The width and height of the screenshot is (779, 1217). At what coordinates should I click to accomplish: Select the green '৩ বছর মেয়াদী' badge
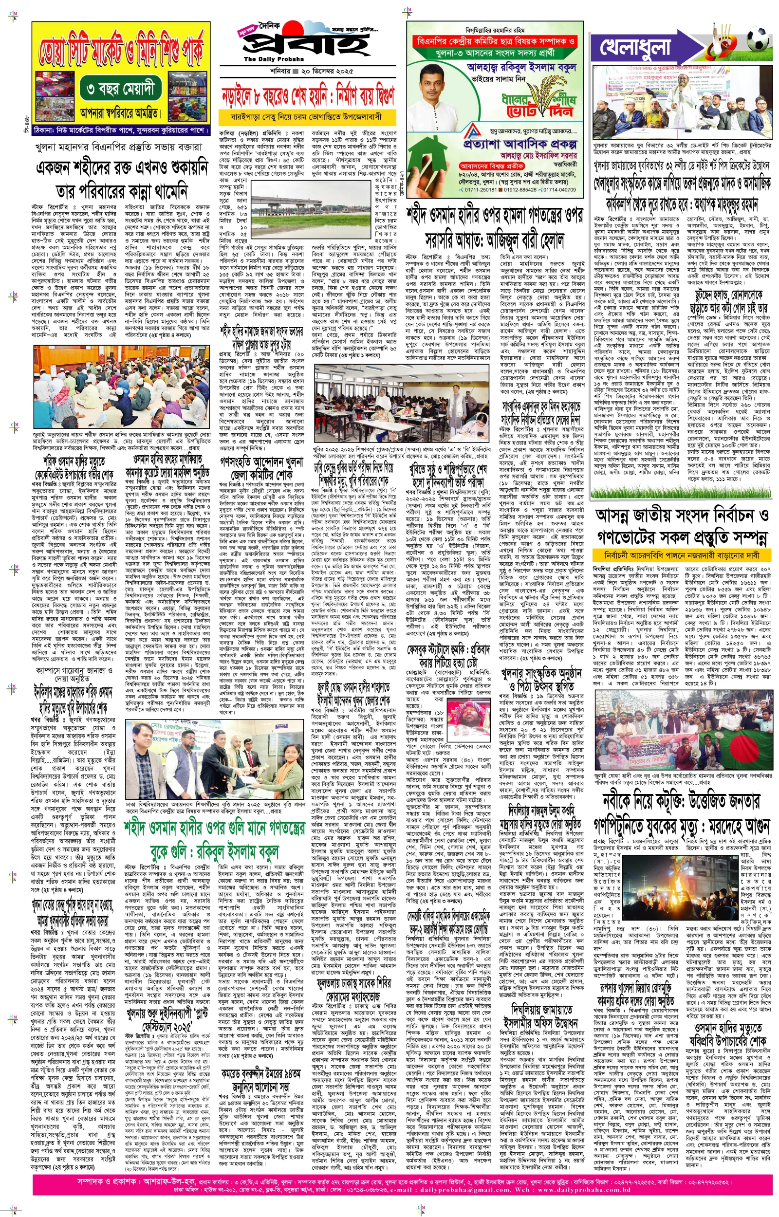(124, 90)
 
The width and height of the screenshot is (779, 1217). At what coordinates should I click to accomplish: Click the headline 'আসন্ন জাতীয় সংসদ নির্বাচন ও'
(683, 515)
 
